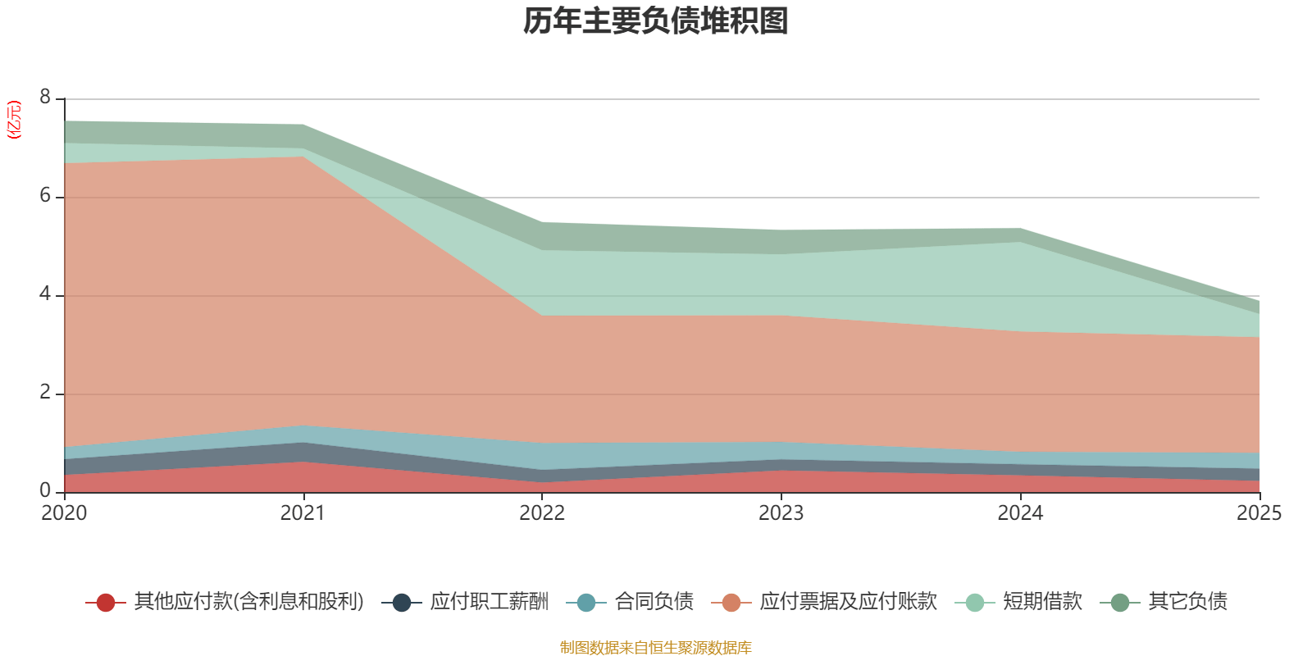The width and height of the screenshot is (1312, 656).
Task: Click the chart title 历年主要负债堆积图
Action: pyautogui.click(x=656, y=21)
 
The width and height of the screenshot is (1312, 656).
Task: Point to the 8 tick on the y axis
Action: pyautogui.click(x=45, y=98)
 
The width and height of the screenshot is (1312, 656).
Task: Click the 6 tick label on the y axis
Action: pyautogui.click(x=45, y=196)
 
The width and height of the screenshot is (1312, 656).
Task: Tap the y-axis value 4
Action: pyautogui.click(x=45, y=294)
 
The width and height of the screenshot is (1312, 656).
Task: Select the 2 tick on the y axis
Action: pyautogui.click(x=45, y=393)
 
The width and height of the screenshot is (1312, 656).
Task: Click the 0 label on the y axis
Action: pyautogui.click(x=45, y=491)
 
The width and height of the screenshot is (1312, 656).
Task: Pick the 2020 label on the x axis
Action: pyautogui.click(x=64, y=513)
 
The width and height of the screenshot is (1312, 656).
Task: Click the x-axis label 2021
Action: pyautogui.click(x=303, y=513)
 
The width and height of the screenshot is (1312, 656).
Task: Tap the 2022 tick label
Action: pyautogui.click(x=542, y=513)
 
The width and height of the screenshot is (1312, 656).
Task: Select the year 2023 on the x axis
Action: pyautogui.click(x=781, y=513)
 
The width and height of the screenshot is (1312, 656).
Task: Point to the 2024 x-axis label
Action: pyautogui.click(x=1020, y=513)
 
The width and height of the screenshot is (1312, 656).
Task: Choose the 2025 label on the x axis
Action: pyautogui.click(x=1259, y=513)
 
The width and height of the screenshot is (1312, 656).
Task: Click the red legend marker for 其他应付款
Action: pyautogui.click(x=105, y=603)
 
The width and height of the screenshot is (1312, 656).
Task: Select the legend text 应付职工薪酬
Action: pyautogui.click(x=489, y=602)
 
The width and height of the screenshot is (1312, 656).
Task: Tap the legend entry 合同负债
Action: pyautogui.click(x=654, y=602)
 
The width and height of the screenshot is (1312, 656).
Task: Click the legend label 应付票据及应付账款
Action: pyautogui.click(x=847, y=602)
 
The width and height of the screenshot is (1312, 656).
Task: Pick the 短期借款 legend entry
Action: pyautogui.click(x=1042, y=602)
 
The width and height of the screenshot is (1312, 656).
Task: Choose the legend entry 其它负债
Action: pyautogui.click(x=1187, y=602)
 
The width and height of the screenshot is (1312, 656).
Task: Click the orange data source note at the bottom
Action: pyautogui.click(x=656, y=648)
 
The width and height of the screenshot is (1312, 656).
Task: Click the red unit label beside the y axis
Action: pyautogui.click(x=14, y=120)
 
